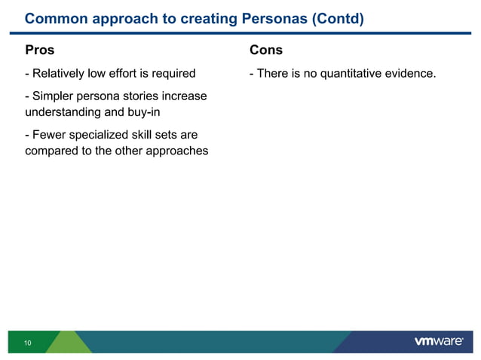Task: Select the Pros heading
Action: [39, 50]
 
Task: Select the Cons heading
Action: [265, 50]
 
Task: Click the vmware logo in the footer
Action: [439, 342]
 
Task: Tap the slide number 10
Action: [28, 343]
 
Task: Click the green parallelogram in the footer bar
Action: [68, 342]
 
